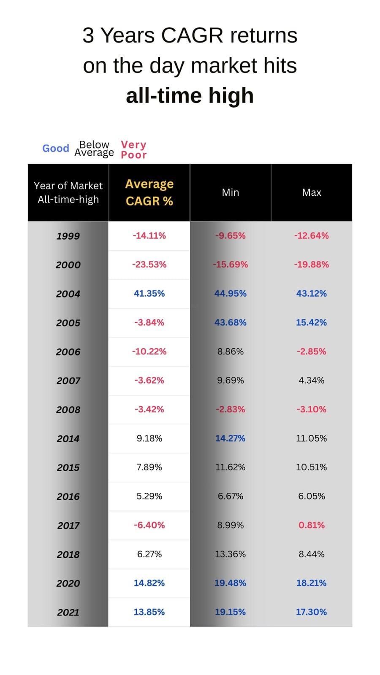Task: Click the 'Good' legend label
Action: coord(55,148)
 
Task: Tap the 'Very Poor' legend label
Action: coord(133,150)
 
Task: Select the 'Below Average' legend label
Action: coord(94,149)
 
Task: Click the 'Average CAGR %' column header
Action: coord(149,192)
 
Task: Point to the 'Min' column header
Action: coord(230,192)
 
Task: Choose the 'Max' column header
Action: coord(312,192)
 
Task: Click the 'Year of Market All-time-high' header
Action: coord(68,192)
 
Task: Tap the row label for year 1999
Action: coord(68,236)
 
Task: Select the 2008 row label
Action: coord(68,410)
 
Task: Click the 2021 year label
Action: coord(68,612)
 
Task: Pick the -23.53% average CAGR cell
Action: coord(149,265)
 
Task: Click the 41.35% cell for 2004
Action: coord(149,294)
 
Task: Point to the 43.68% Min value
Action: coord(230,322)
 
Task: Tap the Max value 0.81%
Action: coord(312,525)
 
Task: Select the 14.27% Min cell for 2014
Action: coord(230,438)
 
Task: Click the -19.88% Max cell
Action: coord(312,265)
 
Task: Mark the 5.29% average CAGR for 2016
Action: coord(149,496)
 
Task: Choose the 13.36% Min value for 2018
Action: coord(230,554)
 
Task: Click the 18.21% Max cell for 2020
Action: coord(312,583)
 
